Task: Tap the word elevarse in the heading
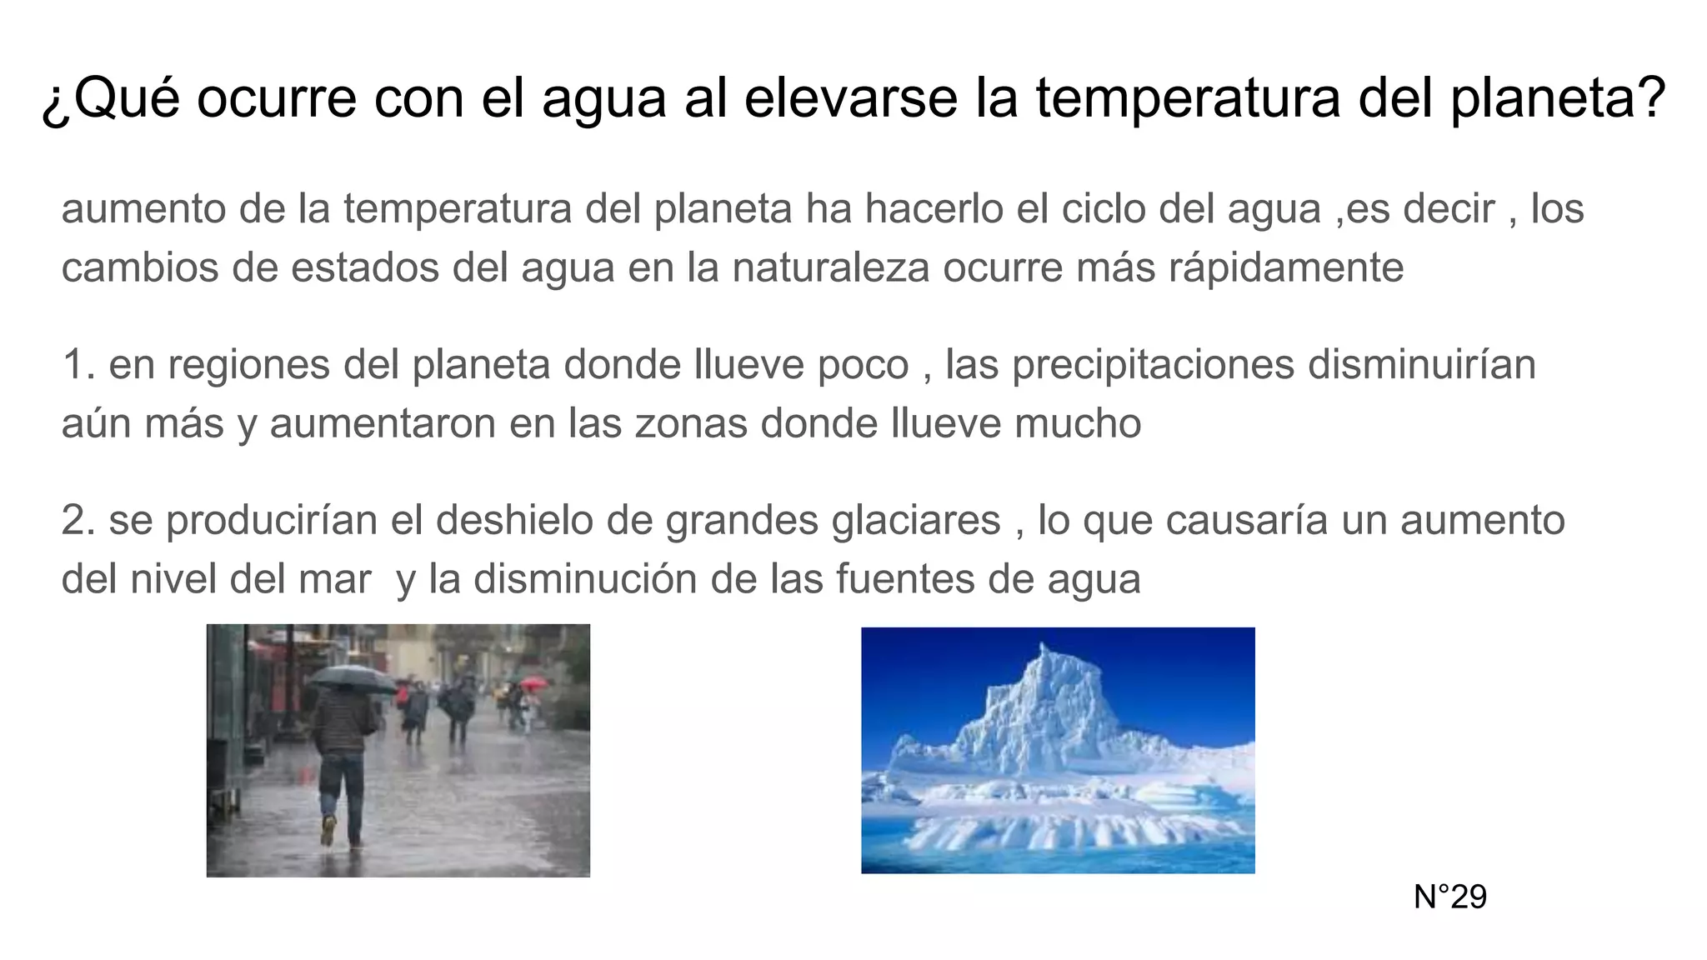[850, 97]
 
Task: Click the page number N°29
[1449, 897]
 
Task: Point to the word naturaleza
[830, 267]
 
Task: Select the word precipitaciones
[1153, 364]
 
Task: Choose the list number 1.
[77, 364]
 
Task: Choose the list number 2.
[77, 520]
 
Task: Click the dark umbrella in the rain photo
[350, 677]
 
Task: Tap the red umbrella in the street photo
[533, 682]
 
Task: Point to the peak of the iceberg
[1042, 647]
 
